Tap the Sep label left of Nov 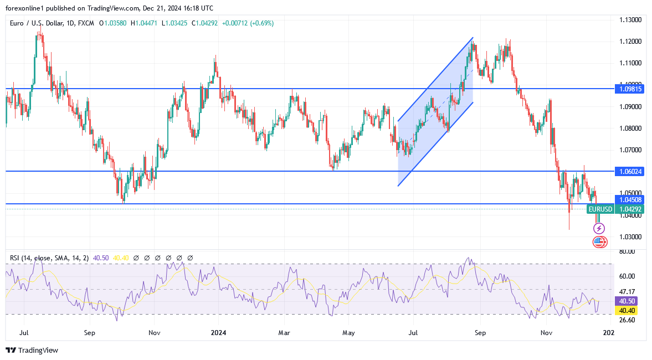pos(90,333)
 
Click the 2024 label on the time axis pos(219,333)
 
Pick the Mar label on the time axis pos(284,333)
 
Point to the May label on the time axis pos(348,333)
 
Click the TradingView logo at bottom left pos(32,350)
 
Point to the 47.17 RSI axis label pos(627,291)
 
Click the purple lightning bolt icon pos(599,228)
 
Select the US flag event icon pos(599,241)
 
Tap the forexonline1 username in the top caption pos(25,8)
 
